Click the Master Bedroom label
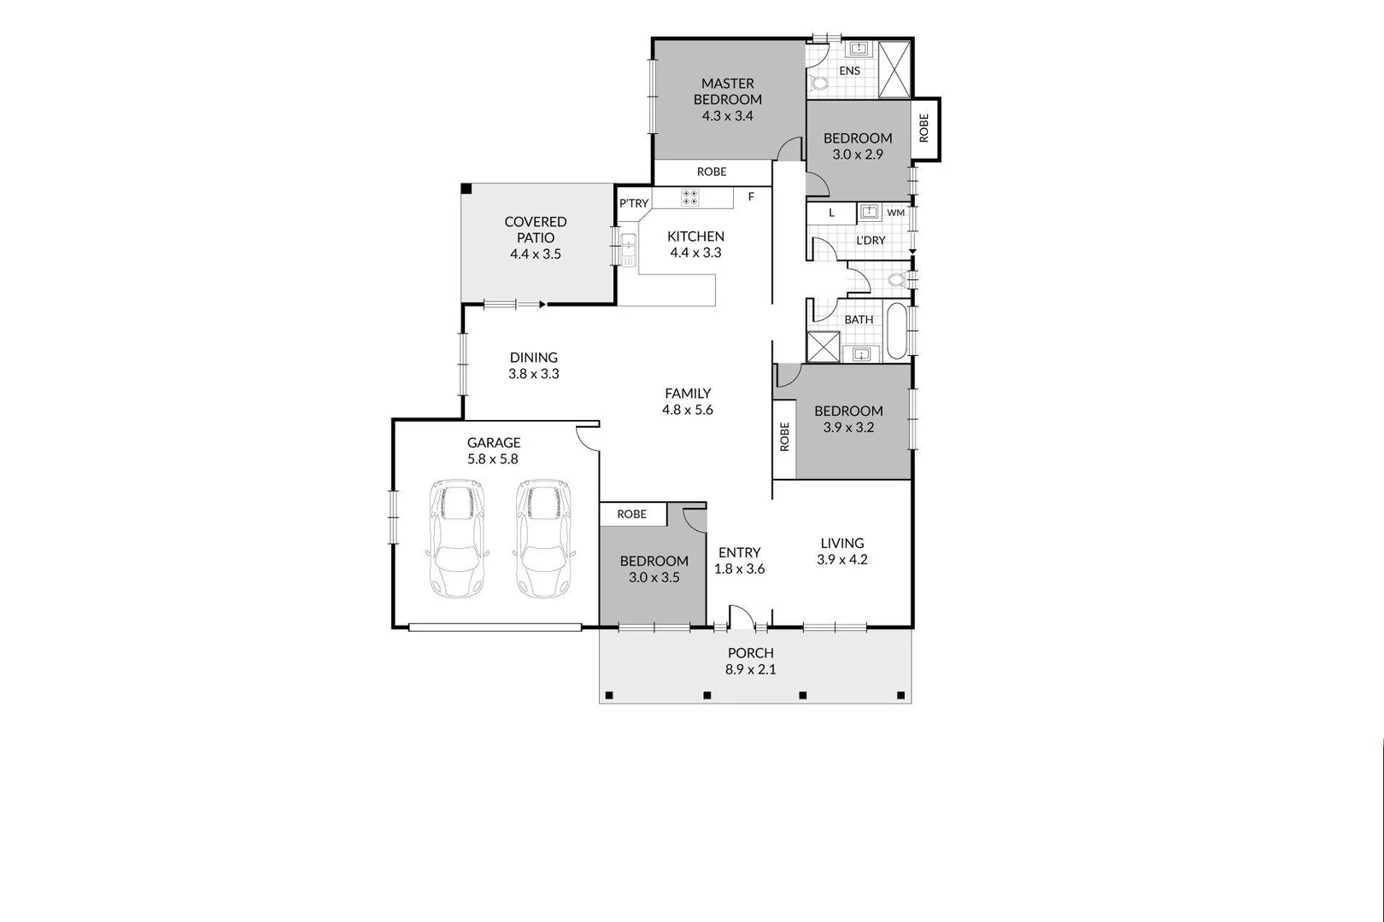(728, 91)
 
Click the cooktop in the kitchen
(690, 198)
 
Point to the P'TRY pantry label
(634, 203)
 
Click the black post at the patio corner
(466, 189)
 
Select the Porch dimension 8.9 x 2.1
(751, 669)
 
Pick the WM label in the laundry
(895, 213)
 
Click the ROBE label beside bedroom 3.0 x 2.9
(924, 128)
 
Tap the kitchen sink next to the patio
(629, 248)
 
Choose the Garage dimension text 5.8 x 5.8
(493, 459)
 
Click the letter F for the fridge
(751, 197)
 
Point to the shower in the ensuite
(894, 70)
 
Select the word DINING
(534, 358)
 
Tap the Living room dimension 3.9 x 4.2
(842, 560)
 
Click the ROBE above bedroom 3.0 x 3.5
(632, 514)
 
